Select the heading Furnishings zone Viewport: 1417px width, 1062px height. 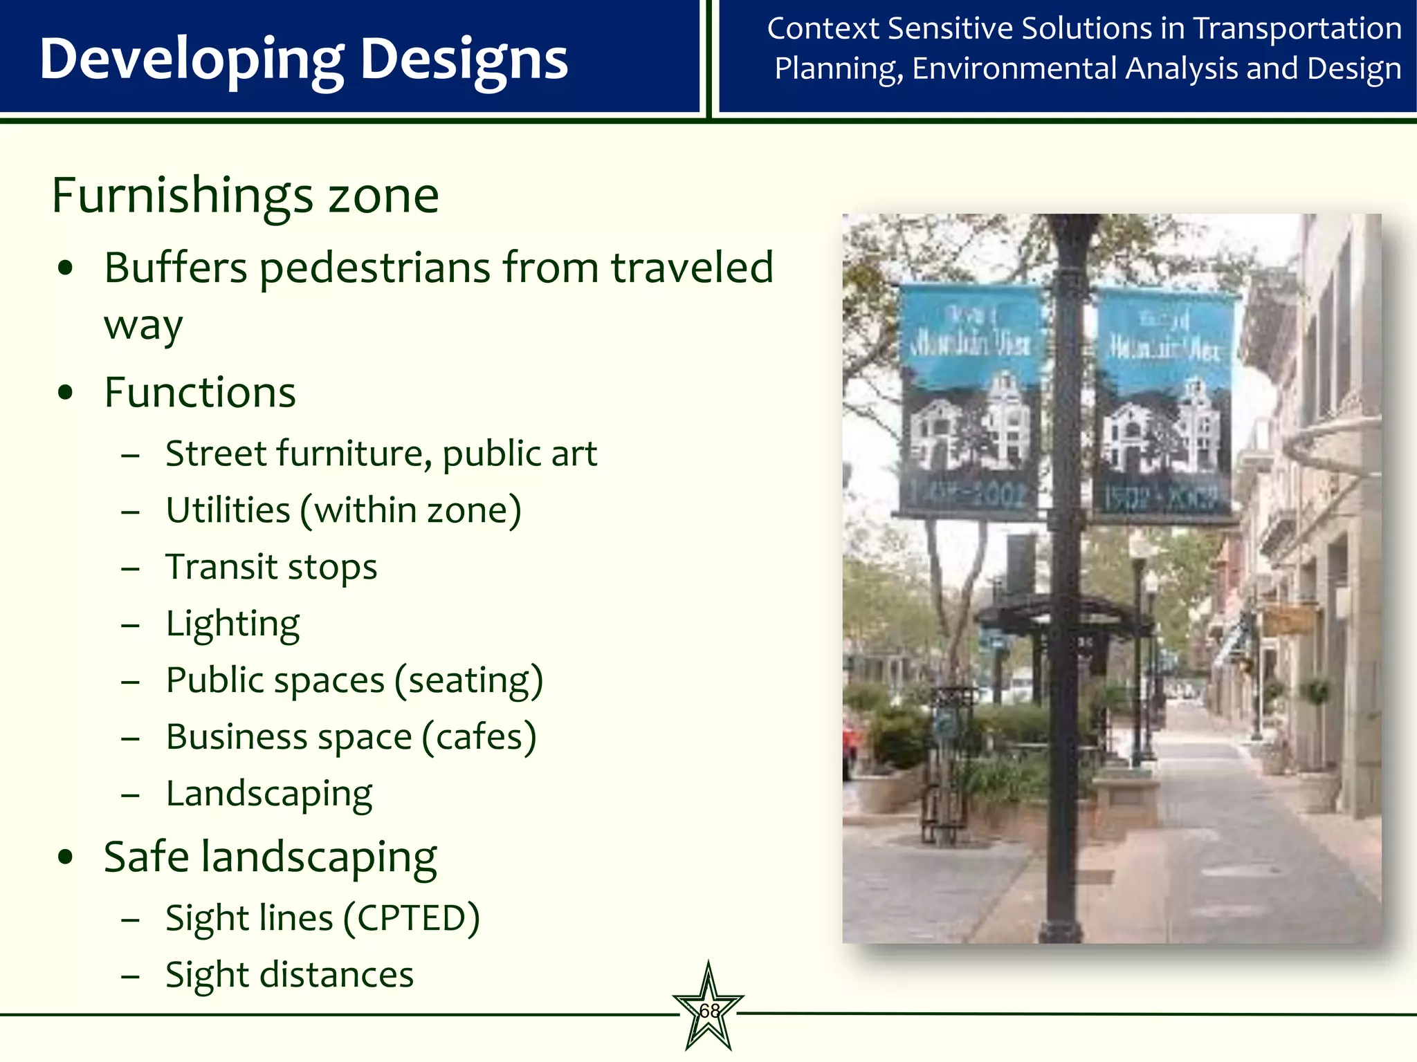245,196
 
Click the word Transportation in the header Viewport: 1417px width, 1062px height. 1297,29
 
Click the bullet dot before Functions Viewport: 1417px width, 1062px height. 66,393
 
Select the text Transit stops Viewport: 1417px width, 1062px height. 271,567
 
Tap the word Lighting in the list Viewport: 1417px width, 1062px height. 232,624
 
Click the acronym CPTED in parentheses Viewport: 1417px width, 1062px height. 412,919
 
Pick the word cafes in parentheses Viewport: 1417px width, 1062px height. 479,737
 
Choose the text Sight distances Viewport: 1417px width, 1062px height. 289,975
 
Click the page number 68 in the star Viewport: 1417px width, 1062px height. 709,1011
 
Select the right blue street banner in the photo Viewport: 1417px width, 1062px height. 1164,404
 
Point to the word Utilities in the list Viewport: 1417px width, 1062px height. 228,511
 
